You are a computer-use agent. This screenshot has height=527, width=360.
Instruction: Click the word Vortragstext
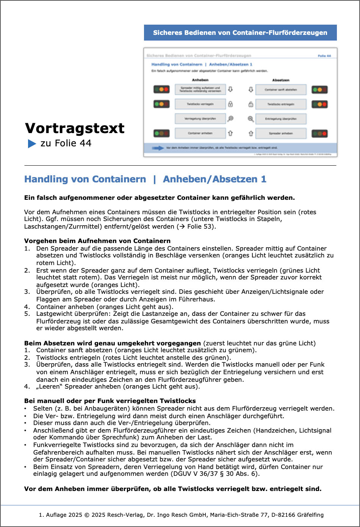point(75,128)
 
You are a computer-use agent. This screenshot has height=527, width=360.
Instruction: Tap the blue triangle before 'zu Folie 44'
point(32,144)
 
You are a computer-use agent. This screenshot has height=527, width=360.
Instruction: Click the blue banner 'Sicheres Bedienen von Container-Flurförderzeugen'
point(240,33)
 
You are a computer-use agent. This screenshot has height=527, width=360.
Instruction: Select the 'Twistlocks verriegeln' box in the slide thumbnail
point(200,104)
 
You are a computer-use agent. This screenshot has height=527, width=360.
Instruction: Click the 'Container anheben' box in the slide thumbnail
point(200,133)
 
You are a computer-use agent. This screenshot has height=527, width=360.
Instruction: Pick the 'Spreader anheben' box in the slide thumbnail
point(281,133)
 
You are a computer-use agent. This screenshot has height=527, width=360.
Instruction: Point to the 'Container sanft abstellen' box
point(281,89)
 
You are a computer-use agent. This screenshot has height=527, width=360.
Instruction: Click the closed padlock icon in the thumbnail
point(230,104)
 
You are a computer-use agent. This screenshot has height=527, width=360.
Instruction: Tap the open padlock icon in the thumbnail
point(250,104)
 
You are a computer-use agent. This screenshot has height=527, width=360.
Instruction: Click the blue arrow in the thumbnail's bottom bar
point(158,148)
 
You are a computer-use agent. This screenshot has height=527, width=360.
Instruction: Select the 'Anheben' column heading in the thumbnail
point(200,80)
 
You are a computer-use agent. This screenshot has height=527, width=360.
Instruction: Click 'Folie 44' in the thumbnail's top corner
point(324,56)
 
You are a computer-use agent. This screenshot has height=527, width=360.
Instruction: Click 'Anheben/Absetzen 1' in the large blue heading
point(214,179)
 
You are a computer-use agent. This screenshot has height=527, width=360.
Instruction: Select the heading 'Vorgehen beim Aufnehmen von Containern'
point(97,241)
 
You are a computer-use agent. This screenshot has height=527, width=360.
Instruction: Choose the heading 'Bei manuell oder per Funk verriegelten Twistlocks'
point(110,401)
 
